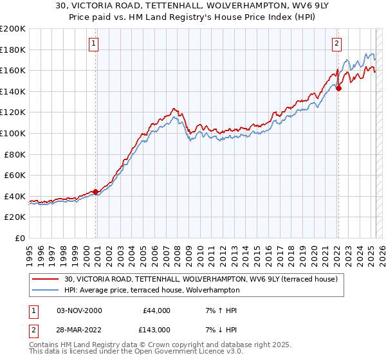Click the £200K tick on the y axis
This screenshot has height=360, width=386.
point(13,29)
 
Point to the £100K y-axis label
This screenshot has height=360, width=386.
point(13,133)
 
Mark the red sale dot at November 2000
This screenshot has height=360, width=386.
point(95,192)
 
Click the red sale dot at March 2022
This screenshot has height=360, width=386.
point(338,88)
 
